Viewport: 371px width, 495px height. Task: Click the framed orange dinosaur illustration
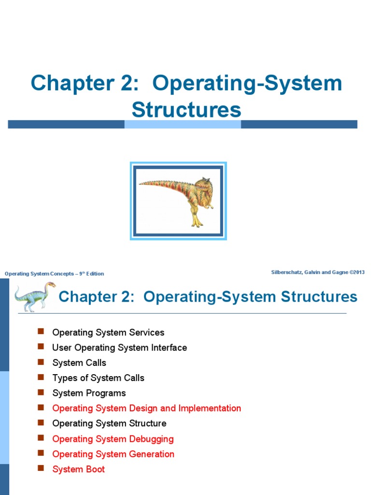[178, 201]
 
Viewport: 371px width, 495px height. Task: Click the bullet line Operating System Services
[108, 333]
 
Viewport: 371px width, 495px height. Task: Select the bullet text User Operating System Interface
[119, 348]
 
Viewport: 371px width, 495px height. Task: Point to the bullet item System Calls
[79, 363]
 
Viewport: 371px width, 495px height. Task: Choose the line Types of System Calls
[98, 378]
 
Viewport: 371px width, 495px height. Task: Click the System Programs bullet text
[89, 393]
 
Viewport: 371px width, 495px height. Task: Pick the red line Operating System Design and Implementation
[146, 408]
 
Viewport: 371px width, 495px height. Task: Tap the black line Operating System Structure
[109, 423]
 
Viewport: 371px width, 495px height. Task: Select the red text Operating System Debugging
[113, 439]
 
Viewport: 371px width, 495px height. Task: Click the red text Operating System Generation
[113, 454]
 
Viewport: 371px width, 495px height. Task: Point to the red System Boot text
[78, 469]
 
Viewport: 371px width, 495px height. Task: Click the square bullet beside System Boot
[41, 468]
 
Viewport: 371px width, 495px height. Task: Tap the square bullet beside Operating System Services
[41, 332]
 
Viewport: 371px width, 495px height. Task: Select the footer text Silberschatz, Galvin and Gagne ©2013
[318, 273]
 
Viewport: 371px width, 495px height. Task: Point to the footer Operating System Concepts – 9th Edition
[54, 274]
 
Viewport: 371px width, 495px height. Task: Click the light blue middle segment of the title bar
[183, 124]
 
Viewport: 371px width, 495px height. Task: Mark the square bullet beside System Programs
[41, 392]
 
